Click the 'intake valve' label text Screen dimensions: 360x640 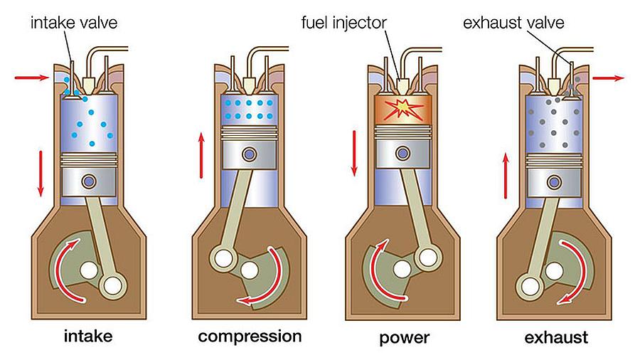[x=73, y=23]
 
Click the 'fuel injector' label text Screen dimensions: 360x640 [x=343, y=23]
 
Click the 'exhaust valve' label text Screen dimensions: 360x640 [x=513, y=23]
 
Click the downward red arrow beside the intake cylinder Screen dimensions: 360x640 [x=41, y=173]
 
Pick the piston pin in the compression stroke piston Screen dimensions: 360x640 [x=249, y=154]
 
